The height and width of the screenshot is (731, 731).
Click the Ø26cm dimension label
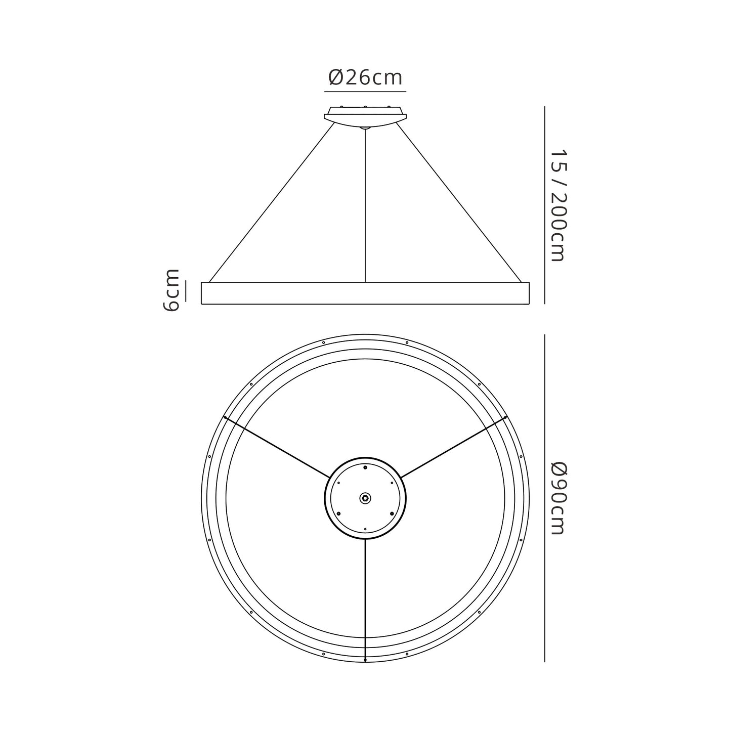point(365,78)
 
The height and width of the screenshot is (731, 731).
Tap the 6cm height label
point(171,290)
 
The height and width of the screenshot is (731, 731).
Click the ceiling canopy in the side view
point(365,117)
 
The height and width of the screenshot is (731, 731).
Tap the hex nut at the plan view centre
point(365,498)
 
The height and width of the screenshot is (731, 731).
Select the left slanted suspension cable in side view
point(272,202)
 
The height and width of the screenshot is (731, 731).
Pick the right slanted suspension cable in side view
point(458,202)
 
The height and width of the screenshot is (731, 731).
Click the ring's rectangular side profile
point(365,293)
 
